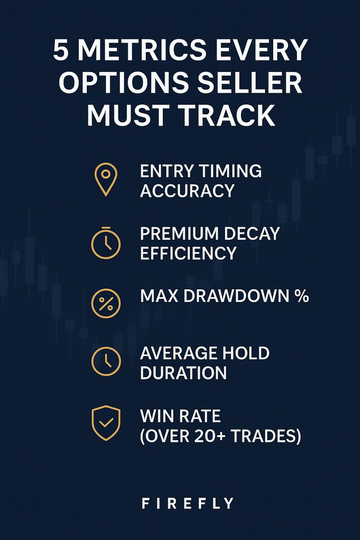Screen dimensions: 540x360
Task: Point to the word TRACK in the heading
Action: click(x=229, y=116)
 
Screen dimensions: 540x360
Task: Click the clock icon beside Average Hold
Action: click(x=106, y=361)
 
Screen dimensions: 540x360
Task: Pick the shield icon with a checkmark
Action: click(x=106, y=423)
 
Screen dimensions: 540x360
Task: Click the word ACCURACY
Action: click(x=187, y=191)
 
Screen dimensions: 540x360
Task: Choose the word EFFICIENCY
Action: click(x=188, y=253)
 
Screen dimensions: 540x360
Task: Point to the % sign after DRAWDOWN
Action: click(x=301, y=296)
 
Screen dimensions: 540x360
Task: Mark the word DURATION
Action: click(x=183, y=373)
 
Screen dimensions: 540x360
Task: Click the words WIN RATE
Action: click(x=180, y=416)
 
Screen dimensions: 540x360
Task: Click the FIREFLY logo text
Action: click(x=188, y=503)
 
